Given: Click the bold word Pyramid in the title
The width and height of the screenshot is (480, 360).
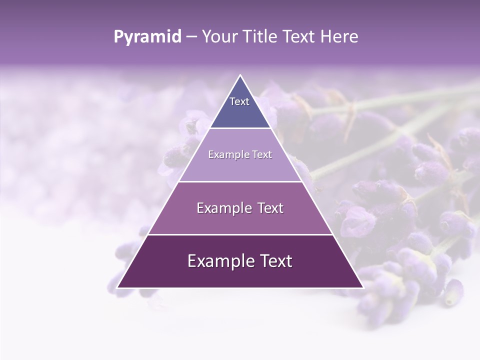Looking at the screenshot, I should click(147, 37).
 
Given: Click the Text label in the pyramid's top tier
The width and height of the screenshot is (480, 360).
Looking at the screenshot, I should click(239, 101).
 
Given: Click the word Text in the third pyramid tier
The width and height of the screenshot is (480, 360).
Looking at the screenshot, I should click(270, 208).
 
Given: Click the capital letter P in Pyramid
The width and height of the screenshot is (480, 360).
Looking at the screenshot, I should click(118, 37).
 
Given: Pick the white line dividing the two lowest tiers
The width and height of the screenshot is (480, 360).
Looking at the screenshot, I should click(240, 234).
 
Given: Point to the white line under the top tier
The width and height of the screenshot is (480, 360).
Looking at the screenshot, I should click(240, 128).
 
